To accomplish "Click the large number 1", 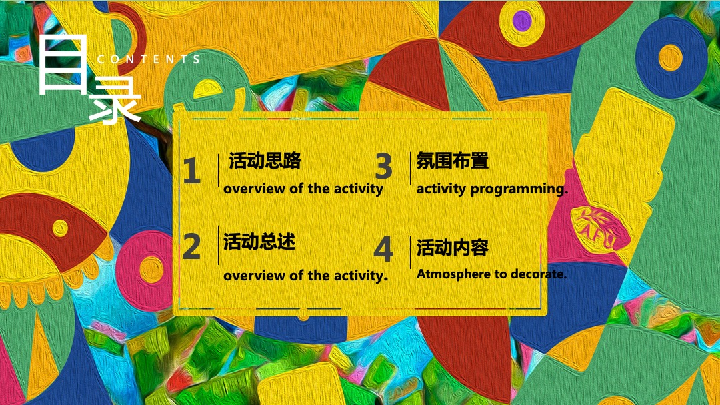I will pos(191,172).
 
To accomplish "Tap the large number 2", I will pos(191,247).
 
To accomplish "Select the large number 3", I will pos(383,167).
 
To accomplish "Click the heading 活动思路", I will pos(265,161).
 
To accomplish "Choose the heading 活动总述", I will pos(259,242).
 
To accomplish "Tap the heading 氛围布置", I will pos(452,161).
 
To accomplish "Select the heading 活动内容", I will pos(452,248).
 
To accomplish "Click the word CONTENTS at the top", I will pos(149,59).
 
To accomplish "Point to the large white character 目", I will pos(62,65).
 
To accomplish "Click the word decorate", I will pos(540,274).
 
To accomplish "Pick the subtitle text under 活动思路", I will pos(303,189).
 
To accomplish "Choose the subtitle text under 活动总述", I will pos(305,275).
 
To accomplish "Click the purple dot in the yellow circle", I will pos(523,18).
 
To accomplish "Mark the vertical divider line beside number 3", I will pos(410,168).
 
